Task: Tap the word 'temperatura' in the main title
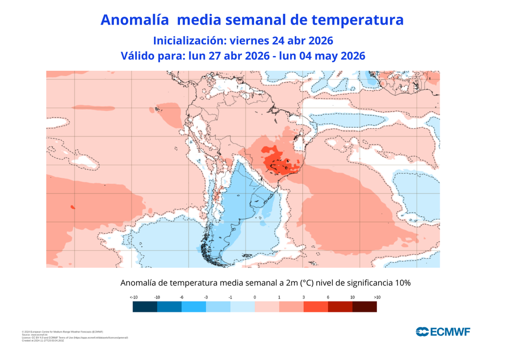[357, 20]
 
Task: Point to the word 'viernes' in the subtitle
[253, 40]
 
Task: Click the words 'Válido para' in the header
[153, 56]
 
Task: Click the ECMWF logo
[443, 331]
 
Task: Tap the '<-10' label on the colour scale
[133, 297]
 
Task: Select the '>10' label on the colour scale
[377, 297]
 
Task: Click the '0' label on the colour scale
[255, 297]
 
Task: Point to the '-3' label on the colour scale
[206, 297]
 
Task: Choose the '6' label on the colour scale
[328, 297]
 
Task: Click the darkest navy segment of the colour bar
[145, 307]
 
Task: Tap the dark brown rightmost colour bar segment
[365, 307]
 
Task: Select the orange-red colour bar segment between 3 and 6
[316, 307]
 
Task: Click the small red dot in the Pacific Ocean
[73, 206]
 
